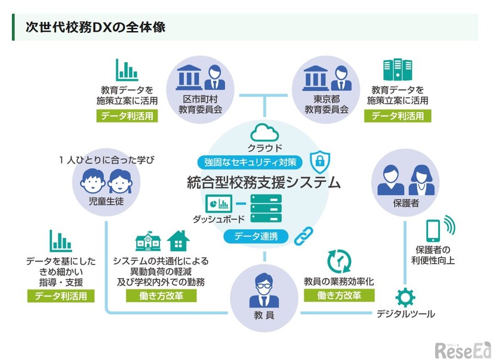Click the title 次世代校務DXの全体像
pos(95,27)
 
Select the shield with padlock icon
pos(321,161)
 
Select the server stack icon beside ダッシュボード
pos(266,208)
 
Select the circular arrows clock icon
pos(339,261)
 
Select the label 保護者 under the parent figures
pos(406,204)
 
